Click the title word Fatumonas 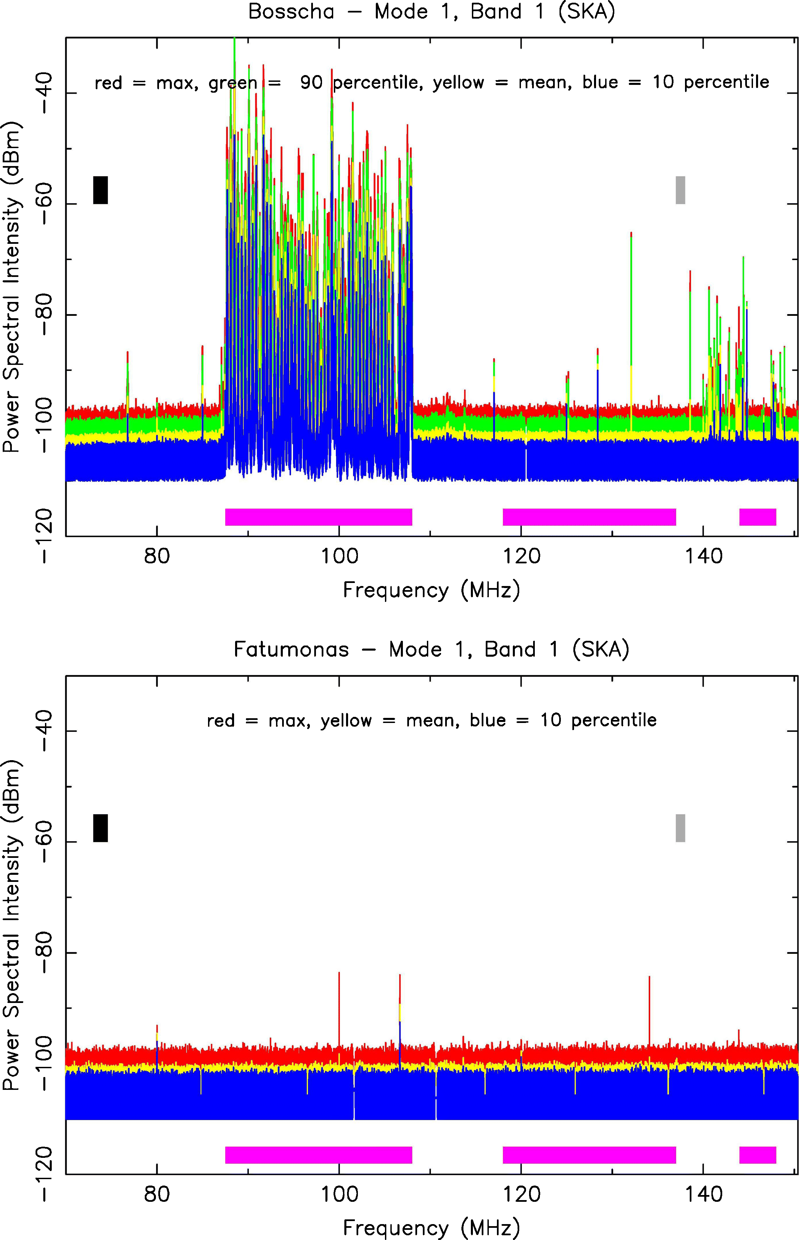(291, 649)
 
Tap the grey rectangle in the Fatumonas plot (680, 828)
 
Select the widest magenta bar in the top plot (319, 517)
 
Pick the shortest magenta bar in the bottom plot (757, 1155)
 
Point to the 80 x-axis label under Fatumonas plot (157, 1194)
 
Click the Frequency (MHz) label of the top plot (431, 590)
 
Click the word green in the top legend (233, 83)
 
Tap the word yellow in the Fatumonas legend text (345, 720)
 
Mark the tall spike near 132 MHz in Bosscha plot (631, 311)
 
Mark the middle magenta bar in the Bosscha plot (589, 517)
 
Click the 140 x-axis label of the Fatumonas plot (703, 1194)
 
